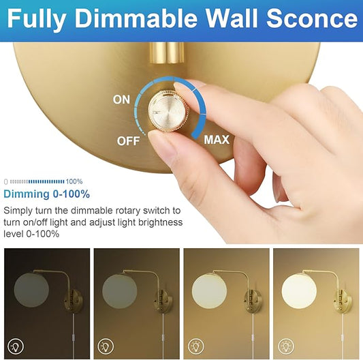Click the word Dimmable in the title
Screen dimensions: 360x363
[134, 18]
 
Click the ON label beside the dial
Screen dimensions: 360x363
[121, 100]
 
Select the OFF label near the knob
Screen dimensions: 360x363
[129, 141]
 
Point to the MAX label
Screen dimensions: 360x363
[217, 140]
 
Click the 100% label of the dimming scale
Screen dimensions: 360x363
[74, 181]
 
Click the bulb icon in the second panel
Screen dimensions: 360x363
[106, 344]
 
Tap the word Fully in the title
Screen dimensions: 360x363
[37, 18]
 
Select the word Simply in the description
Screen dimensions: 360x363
[19, 211]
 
